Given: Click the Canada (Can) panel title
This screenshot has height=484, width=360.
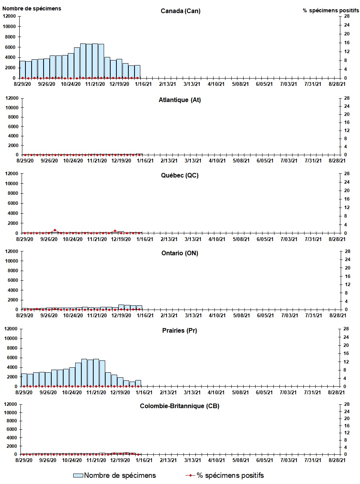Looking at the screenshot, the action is tap(180, 11).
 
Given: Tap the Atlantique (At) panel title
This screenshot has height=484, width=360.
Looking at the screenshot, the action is tap(180, 100).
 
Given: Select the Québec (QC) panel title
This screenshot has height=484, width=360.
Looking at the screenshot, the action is tap(180, 175).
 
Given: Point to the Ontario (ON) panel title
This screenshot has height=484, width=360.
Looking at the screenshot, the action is tap(180, 253).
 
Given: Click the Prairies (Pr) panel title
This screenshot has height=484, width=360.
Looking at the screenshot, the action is tap(180, 330).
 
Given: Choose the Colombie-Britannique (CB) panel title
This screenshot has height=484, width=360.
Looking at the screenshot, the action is tap(180, 406).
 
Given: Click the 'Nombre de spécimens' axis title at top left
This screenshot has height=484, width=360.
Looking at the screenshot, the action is tap(32, 8).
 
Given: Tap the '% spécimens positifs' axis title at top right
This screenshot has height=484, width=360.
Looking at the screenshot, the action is tap(331, 10).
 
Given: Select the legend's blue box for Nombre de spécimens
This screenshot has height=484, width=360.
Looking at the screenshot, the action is tap(78, 476).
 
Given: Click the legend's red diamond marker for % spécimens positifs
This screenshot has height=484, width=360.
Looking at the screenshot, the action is tap(190, 475).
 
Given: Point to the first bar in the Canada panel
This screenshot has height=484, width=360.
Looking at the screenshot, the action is tap(22, 69).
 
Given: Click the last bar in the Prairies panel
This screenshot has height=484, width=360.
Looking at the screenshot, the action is tap(138, 383).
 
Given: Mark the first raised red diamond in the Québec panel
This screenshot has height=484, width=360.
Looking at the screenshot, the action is tap(55, 230).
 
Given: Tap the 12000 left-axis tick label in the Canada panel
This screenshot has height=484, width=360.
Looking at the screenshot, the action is tap(9, 16).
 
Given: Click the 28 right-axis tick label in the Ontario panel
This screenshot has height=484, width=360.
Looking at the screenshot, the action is tap(347, 251).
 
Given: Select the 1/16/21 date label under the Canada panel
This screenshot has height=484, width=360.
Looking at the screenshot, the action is tap(143, 84).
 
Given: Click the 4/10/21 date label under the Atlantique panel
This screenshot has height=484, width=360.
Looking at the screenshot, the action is tap(217, 161).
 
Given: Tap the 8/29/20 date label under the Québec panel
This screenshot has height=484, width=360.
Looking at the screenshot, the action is tap(25, 239).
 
